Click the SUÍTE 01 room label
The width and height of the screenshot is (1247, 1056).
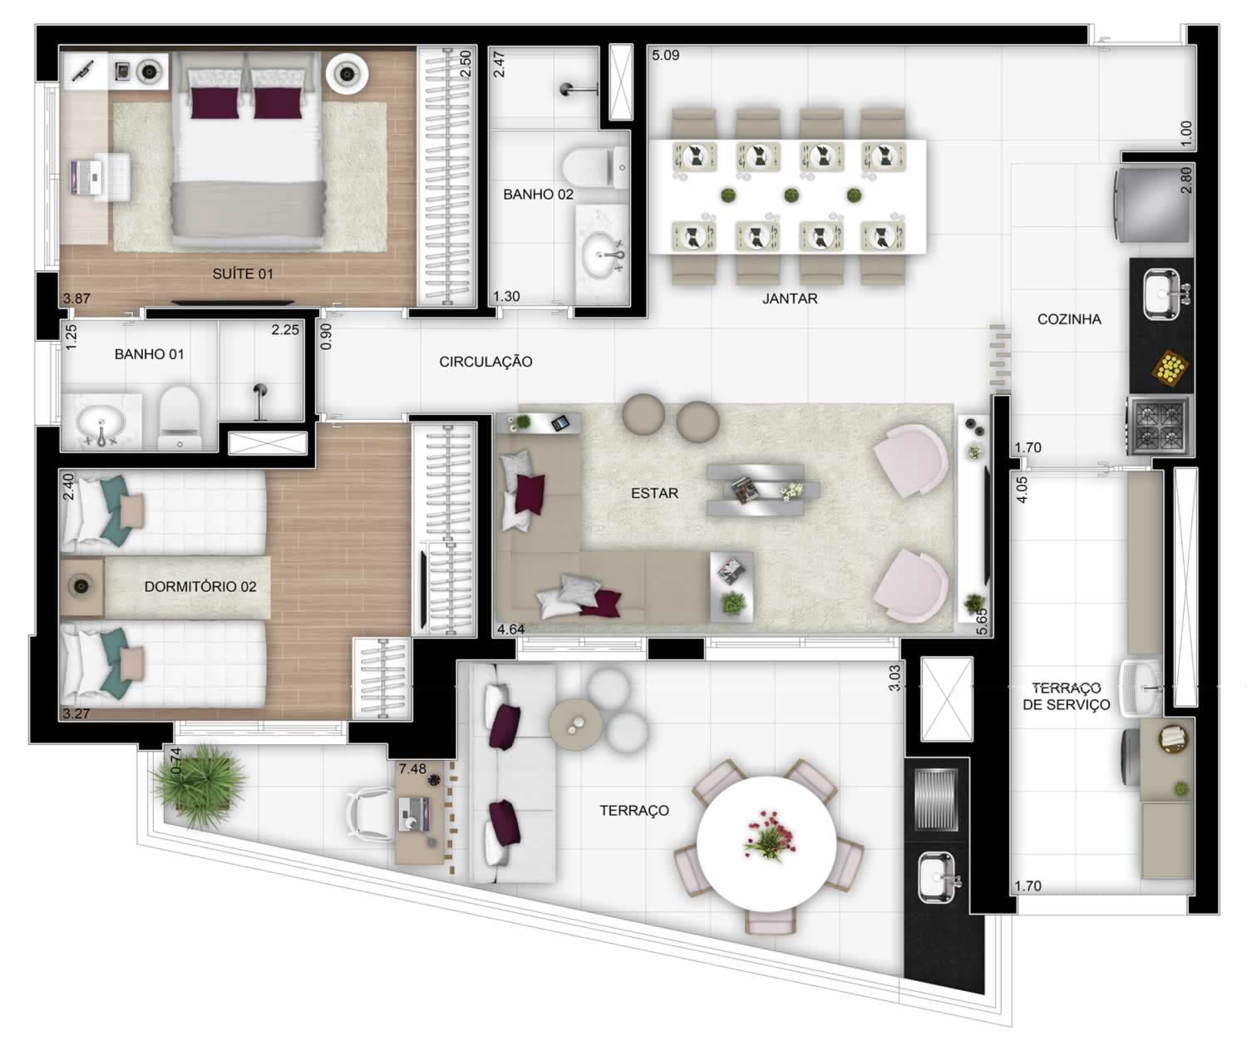243,274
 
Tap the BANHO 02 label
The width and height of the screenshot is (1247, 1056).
538,195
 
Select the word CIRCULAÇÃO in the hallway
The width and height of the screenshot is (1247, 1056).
485,362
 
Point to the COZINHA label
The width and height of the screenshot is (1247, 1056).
1069,319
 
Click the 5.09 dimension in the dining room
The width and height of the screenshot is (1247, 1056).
665,56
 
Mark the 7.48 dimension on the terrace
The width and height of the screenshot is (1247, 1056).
412,769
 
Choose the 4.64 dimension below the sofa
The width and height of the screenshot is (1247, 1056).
511,629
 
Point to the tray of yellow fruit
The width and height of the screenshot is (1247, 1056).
1171,367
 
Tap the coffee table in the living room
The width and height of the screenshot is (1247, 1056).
763,490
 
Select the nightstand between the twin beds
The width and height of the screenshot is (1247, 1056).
82,586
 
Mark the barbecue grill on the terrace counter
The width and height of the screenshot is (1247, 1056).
936,800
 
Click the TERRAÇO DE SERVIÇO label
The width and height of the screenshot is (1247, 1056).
1066,696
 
